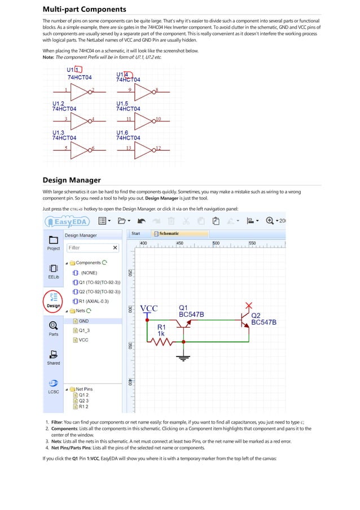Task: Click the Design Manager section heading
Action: pos(72,180)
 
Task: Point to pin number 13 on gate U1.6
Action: pos(129,148)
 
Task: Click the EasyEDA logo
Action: pos(67,221)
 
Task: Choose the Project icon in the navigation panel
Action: pos(54,242)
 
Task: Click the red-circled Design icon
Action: pos(54,300)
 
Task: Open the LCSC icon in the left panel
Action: pos(54,386)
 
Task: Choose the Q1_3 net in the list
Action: pos(84,330)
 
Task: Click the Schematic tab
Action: pos(168,233)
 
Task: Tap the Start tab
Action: pos(136,233)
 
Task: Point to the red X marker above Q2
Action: pos(247,307)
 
